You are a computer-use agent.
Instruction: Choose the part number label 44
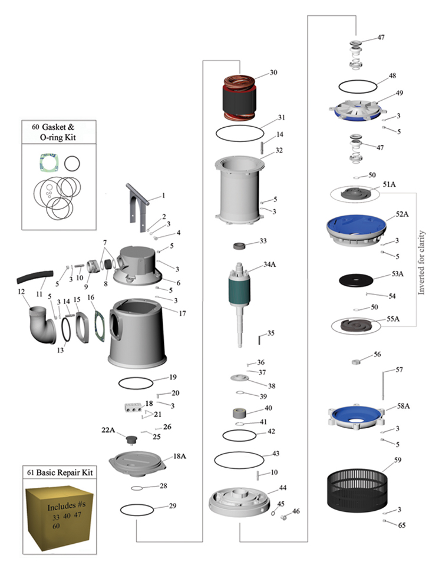coord(283,489)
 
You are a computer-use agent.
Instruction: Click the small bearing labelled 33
coord(240,245)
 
